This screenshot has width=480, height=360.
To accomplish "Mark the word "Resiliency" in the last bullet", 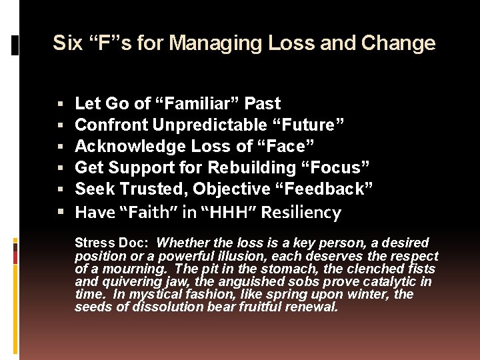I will pyautogui.click(x=301, y=213).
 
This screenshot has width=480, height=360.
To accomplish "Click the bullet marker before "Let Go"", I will pyautogui.click(x=61, y=104).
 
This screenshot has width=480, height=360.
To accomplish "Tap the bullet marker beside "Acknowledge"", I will pyautogui.click(x=61, y=147).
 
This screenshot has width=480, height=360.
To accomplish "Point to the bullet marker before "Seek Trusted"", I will pyautogui.click(x=61, y=189).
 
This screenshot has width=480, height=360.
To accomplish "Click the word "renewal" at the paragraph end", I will pyautogui.click(x=316, y=307).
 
